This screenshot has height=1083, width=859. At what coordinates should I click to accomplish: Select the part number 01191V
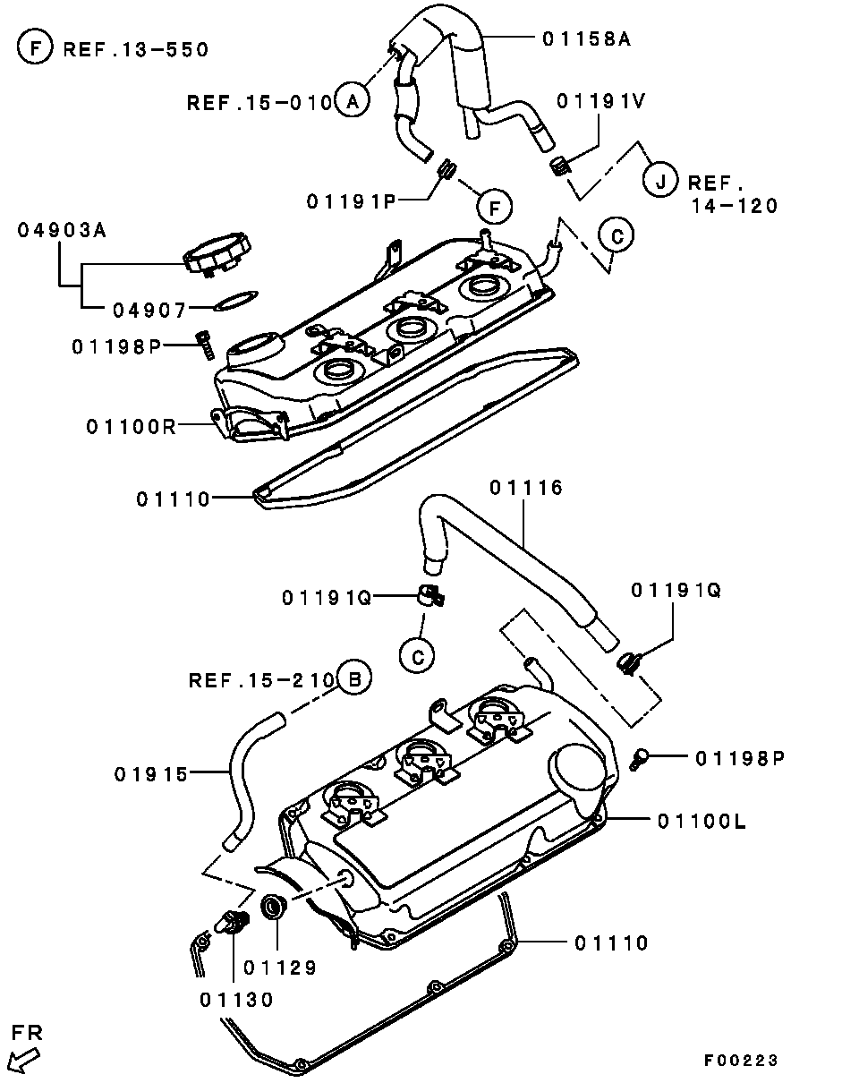coord(600,101)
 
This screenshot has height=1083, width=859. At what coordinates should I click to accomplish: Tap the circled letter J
coord(660,183)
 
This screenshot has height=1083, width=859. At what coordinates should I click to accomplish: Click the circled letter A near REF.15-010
coord(353,101)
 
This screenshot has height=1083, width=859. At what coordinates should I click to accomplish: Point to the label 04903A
coord(62,230)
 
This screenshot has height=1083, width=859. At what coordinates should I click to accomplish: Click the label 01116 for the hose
coord(526,487)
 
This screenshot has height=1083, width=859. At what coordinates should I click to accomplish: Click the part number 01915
coord(151,773)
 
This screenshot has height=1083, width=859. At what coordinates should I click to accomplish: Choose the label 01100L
coord(701,820)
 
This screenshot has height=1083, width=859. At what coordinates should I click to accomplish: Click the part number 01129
coord(280,967)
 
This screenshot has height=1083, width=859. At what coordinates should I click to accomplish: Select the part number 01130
coord(237,999)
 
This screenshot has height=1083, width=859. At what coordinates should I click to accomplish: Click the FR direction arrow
coord(24,1062)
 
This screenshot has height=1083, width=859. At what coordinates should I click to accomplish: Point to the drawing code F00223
coord(741,1061)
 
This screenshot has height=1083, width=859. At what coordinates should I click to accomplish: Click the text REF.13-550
coord(135,49)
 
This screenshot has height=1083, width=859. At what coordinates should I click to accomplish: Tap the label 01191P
coord(351,202)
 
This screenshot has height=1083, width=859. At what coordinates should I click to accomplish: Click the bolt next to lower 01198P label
coord(637,759)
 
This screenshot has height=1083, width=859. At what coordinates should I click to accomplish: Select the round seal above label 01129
coord(274,906)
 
